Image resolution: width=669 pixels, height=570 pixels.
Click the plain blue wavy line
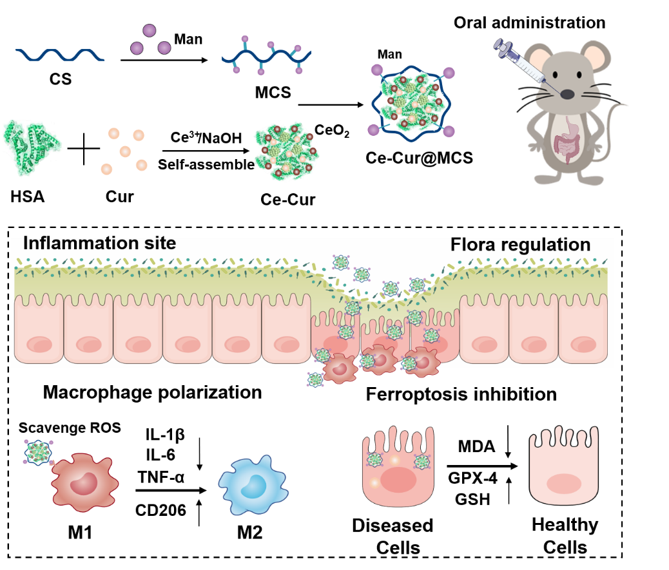click(59, 55)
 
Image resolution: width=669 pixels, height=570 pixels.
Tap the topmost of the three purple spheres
click(150, 30)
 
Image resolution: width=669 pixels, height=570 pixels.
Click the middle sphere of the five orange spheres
click(125, 151)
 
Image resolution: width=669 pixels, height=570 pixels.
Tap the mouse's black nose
click(567, 95)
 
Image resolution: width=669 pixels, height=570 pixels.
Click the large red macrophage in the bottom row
click(84, 482)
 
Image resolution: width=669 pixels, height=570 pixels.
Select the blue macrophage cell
click(253, 485)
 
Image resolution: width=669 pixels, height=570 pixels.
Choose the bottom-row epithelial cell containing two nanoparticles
click(398, 467)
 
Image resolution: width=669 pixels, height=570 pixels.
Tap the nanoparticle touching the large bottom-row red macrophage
click(39, 451)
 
